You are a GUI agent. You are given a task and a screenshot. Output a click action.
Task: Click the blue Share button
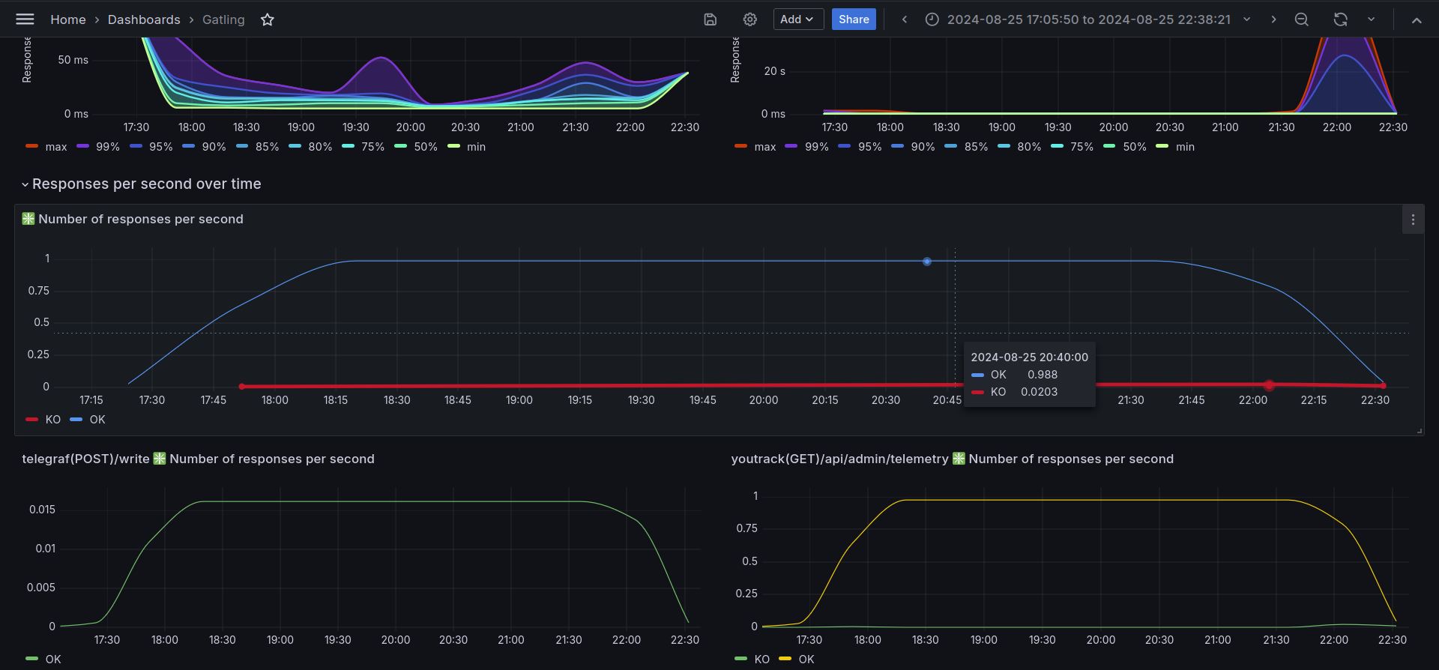click(854, 19)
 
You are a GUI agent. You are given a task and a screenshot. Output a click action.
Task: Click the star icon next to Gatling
click(268, 19)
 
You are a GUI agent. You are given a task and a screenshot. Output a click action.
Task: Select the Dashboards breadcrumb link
click(144, 19)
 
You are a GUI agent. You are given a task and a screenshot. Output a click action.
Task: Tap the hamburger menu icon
click(25, 19)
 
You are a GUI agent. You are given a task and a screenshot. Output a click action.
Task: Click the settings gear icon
click(750, 19)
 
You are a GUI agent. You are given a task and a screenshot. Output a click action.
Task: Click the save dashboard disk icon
click(711, 19)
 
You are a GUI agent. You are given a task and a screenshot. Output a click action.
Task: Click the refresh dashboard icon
click(1341, 19)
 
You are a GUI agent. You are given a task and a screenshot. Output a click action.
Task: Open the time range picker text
click(1089, 19)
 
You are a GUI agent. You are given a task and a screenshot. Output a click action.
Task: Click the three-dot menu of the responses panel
click(1413, 220)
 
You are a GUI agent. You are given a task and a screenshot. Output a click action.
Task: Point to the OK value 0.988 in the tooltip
click(1043, 375)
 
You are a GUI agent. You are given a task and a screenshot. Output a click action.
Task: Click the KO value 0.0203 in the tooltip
click(1040, 392)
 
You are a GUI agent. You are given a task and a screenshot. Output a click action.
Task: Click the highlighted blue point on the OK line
click(927, 262)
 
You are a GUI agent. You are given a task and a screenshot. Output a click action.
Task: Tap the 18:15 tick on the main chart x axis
click(336, 400)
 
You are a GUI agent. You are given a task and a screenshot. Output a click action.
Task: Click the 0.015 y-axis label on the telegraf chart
click(42, 510)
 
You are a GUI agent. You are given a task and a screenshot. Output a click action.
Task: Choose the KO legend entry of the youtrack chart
click(752, 660)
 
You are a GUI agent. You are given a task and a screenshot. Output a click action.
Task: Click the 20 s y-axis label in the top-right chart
click(775, 71)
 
